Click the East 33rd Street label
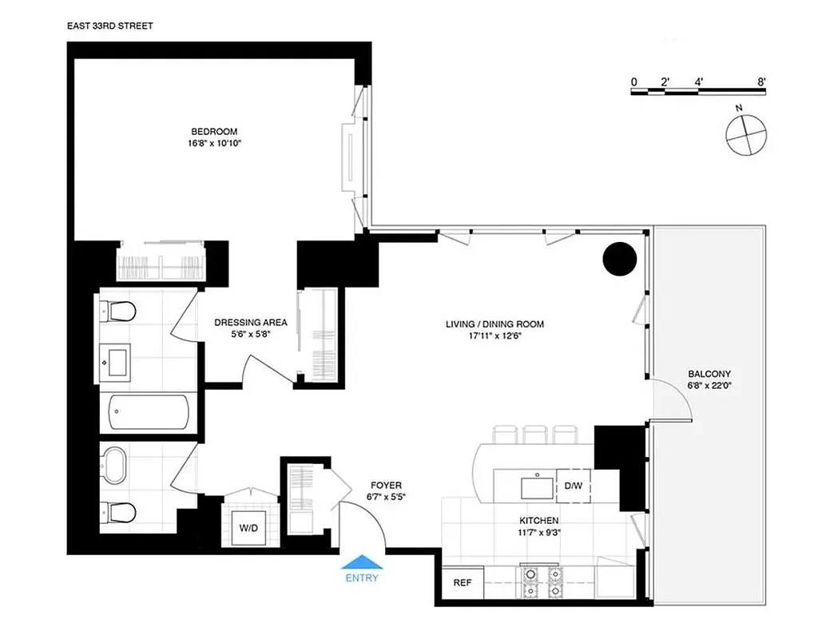click(x=110, y=26)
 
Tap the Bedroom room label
click(x=213, y=132)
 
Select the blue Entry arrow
click(x=362, y=562)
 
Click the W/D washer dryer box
click(x=248, y=528)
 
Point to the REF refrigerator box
click(x=463, y=582)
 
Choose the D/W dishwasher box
click(x=574, y=485)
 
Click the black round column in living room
click(x=619, y=259)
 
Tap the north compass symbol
click(x=747, y=133)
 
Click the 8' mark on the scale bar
click(x=762, y=81)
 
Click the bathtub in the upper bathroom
click(x=149, y=412)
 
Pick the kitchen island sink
click(x=533, y=486)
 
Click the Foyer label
click(x=385, y=485)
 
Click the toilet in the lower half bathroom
click(x=117, y=510)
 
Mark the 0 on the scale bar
click(x=633, y=81)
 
